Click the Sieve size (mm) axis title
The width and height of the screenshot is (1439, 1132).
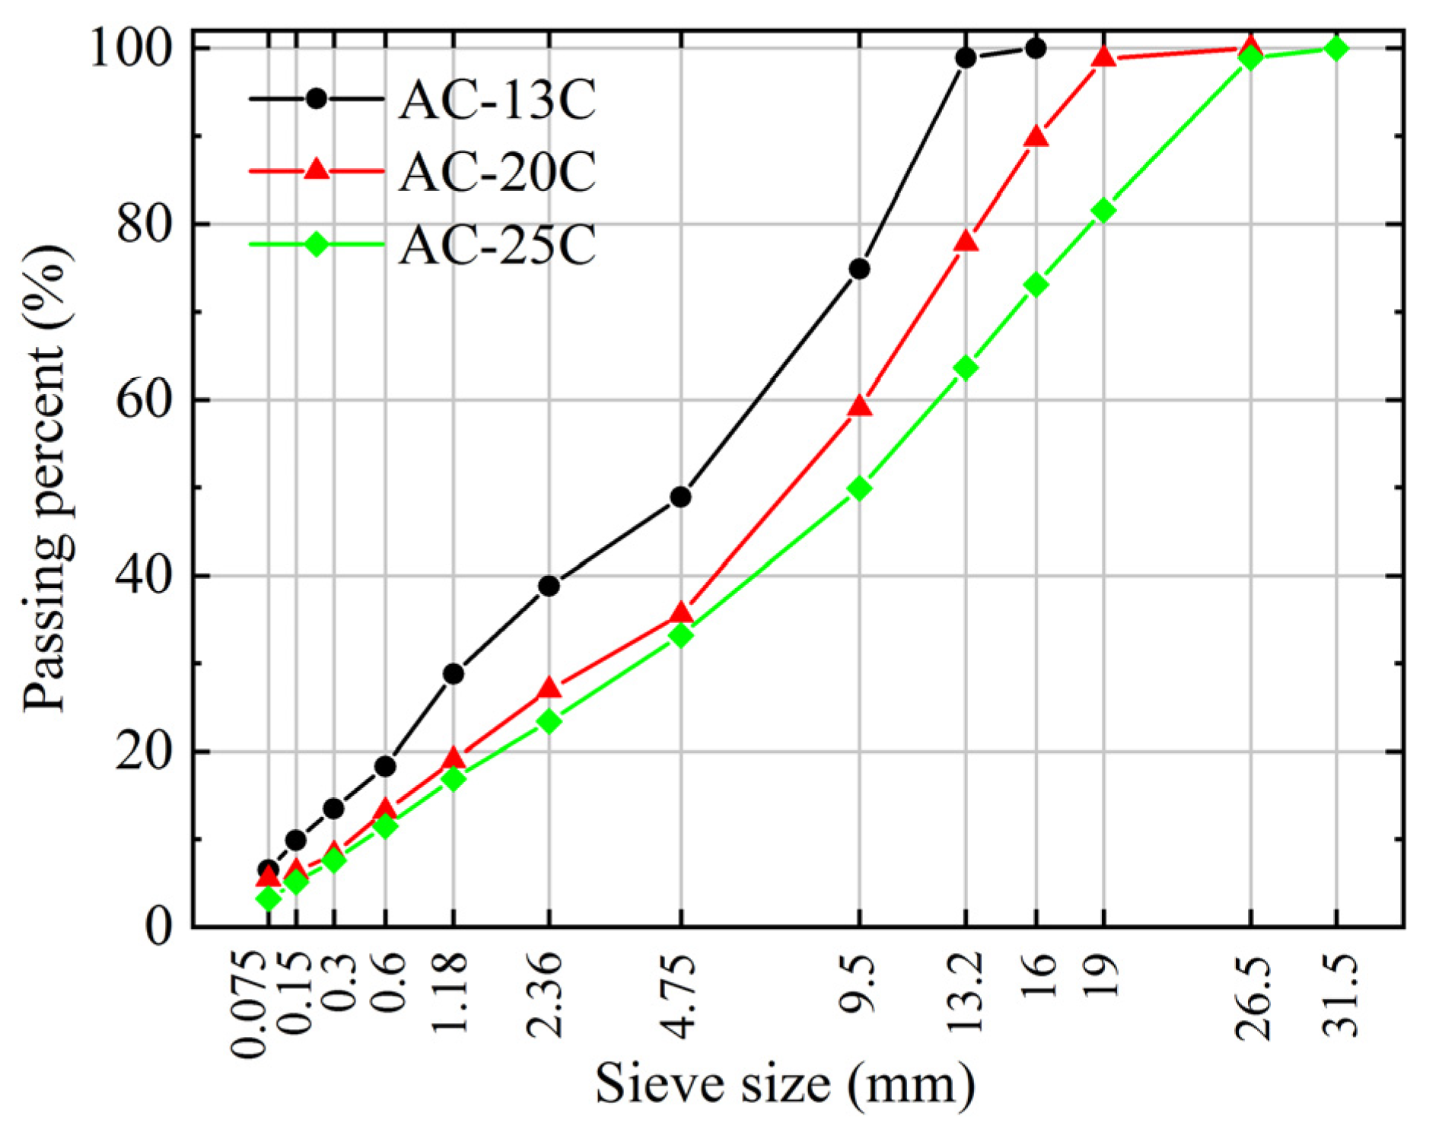pyautogui.click(x=785, y=1083)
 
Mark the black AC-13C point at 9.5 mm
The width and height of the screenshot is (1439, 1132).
pyautogui.click(x=859, y=269)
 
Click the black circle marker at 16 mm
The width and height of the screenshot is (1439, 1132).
pyautogui.click(x=1036, y=49)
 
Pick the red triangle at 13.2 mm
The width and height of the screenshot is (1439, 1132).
pyautogui.click(x=966, y=242)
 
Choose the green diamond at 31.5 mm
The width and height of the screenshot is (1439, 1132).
pyautogui.click(x=1336, y=49)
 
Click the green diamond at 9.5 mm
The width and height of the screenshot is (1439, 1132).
pyautogui.click(x=859, y=488)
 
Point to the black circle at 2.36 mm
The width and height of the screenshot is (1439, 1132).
pyautogui.click(x=549, y=586)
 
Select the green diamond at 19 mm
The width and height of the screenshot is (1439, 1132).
pyautogui.click(x=1103, y=210)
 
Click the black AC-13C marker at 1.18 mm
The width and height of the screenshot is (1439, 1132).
pyautogui.click(x=454, y=673)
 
